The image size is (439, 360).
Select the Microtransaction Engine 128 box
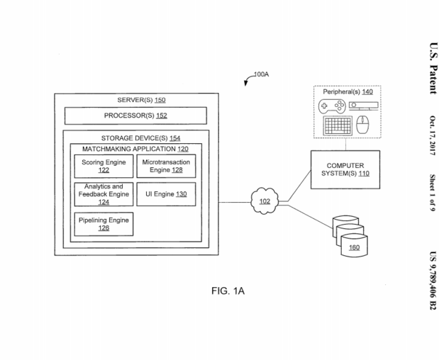click(165, 167)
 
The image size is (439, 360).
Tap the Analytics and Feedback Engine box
click(103, 194)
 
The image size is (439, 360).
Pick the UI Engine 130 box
click(165, 194)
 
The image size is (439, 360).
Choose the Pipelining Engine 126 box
click(103, 224)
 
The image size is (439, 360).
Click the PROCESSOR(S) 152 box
click(135, 116)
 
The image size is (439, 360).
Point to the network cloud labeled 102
click(265, 201)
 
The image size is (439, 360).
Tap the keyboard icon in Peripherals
click(337, 126)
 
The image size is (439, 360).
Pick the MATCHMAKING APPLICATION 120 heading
click(135, 150)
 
